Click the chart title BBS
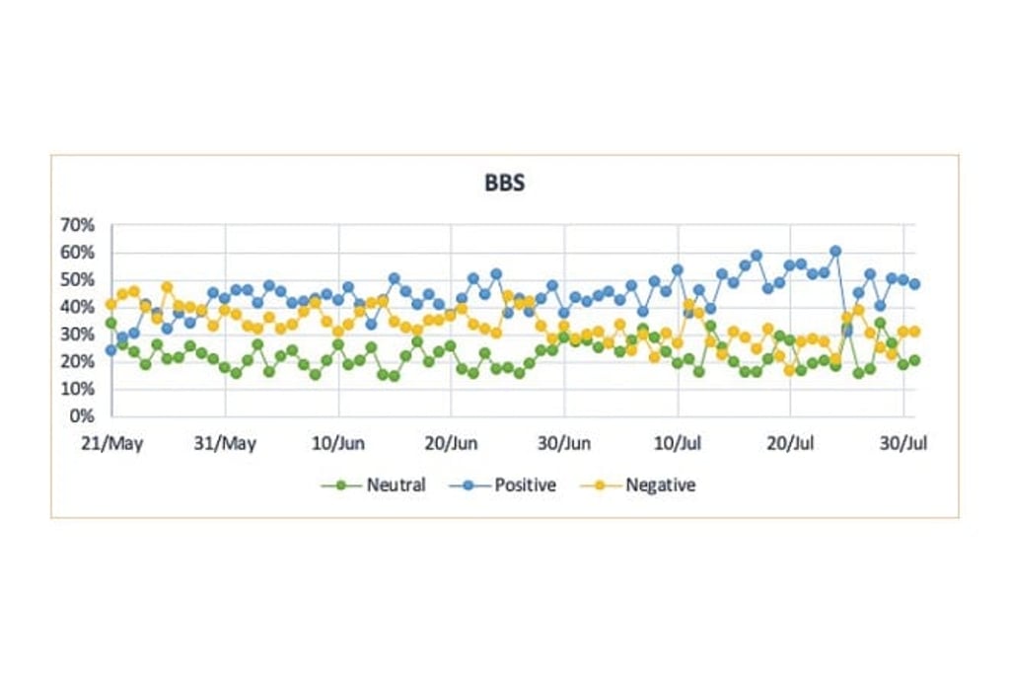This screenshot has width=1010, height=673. [503, 183]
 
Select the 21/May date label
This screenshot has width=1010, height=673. [112, 443]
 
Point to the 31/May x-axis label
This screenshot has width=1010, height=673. [226, 443]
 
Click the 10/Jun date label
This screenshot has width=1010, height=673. [338, 443]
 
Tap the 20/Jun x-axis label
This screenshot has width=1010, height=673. [451, 443]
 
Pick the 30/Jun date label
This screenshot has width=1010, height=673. [564, 443]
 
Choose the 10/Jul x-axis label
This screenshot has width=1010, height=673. [678, 443]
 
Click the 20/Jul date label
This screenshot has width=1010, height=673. [790, 443]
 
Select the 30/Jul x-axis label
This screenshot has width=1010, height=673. [902, 443]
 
